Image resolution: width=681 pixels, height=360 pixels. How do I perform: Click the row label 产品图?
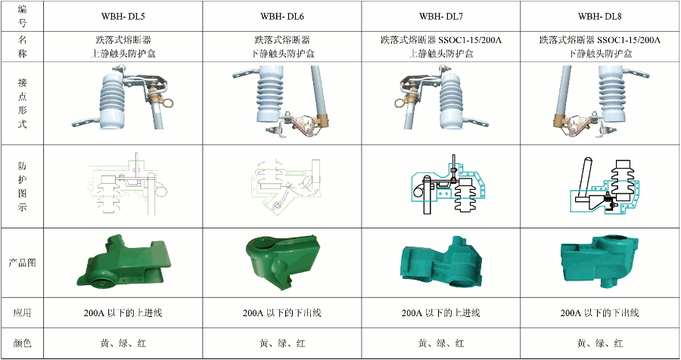coord(21,263)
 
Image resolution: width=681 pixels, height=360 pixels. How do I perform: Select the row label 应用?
coord(21,312)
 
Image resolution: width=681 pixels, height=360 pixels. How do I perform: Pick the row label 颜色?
coord(21,343)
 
